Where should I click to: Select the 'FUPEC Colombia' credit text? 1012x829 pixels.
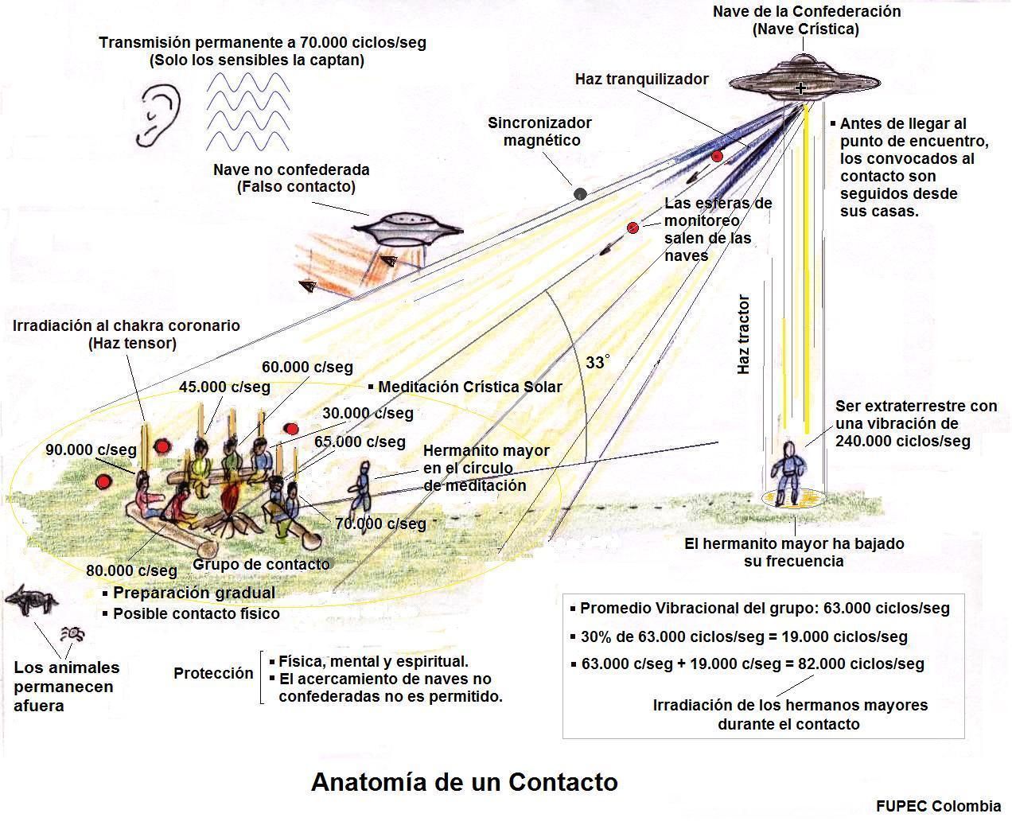click(938, 806)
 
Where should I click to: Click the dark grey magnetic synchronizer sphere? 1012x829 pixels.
click(580, 194)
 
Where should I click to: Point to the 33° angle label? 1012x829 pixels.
click(597, 362)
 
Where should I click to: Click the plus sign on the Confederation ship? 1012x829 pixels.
click(800, 88)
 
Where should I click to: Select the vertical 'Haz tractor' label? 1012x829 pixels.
click(743, 334)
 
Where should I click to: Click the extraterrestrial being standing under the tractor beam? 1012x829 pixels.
click(788, 473)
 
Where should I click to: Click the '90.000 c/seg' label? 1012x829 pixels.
click(91, 450)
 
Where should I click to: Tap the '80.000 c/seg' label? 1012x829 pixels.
click(131, 570)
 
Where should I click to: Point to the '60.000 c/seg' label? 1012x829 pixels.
click(307, 367)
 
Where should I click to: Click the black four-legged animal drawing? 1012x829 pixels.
click(31, 600)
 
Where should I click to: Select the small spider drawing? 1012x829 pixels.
click(72, 634)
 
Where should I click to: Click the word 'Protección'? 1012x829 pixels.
click(213, 673)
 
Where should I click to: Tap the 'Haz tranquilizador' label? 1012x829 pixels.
click(641, 79)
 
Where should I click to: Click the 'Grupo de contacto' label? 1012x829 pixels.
click(261, 564)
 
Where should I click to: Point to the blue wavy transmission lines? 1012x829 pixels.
click(247, 111)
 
